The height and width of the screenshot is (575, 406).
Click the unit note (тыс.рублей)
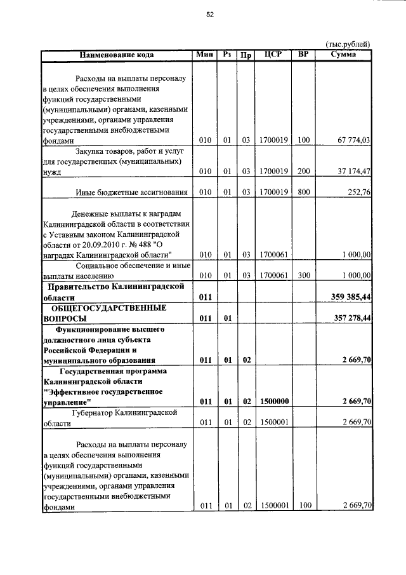tap(348, 44)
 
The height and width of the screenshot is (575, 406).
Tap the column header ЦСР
tap(273, 55)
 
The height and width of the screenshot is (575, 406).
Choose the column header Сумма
tap(343, 55)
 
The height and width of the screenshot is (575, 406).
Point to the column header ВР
tap(303, 55)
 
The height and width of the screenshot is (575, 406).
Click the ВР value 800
tap(303, 193)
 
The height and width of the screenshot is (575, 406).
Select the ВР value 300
tap(303, 276)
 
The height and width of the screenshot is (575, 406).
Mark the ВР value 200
tap(303, 172)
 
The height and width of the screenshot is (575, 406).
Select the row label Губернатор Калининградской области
tap(114, 417)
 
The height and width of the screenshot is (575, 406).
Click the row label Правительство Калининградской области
tap(114, 292)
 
